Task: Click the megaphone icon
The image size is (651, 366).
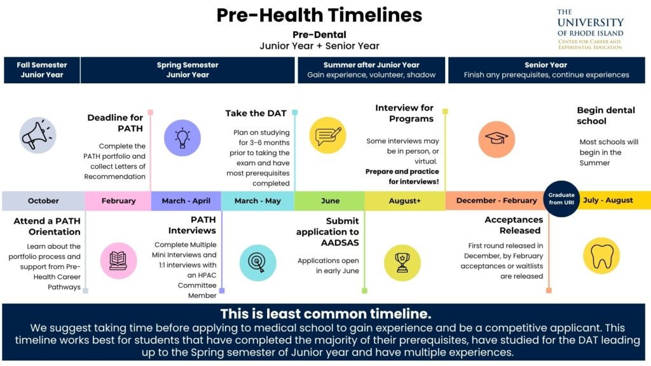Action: click(x=38, y=135)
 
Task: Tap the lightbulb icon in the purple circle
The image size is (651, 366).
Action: click(x=182, y=138)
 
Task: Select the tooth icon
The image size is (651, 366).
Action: click(x=601, y=256)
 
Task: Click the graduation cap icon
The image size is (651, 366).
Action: click(x=497, y=139)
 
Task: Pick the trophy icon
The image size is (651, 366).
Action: click(x=402, y=262)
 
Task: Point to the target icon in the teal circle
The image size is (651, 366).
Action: click(x=258, y=262)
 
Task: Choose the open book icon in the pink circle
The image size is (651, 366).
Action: click(x=118, y=261)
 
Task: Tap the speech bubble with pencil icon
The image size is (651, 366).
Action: click(x=327, y=135)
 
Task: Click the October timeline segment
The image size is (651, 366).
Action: click(x=44, y=201)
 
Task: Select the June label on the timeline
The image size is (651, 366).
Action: click(x=331, y=201)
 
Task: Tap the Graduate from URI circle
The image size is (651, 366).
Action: click(x=561, y=199)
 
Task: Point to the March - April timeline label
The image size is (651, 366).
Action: click(x=186, y=201)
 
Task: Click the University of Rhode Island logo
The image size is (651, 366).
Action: click(x=591, y=29)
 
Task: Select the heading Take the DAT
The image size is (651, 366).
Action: click(x=256, y=113)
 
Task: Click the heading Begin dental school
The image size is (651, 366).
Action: click(x=606, y=116)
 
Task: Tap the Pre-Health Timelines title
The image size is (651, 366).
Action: click(x=319, y=15)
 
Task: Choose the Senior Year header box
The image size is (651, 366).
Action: click(x=546, y=70)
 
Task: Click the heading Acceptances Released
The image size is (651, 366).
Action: click(x=514, y=225)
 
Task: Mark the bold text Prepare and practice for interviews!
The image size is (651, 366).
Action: click(x=402, y=177)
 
